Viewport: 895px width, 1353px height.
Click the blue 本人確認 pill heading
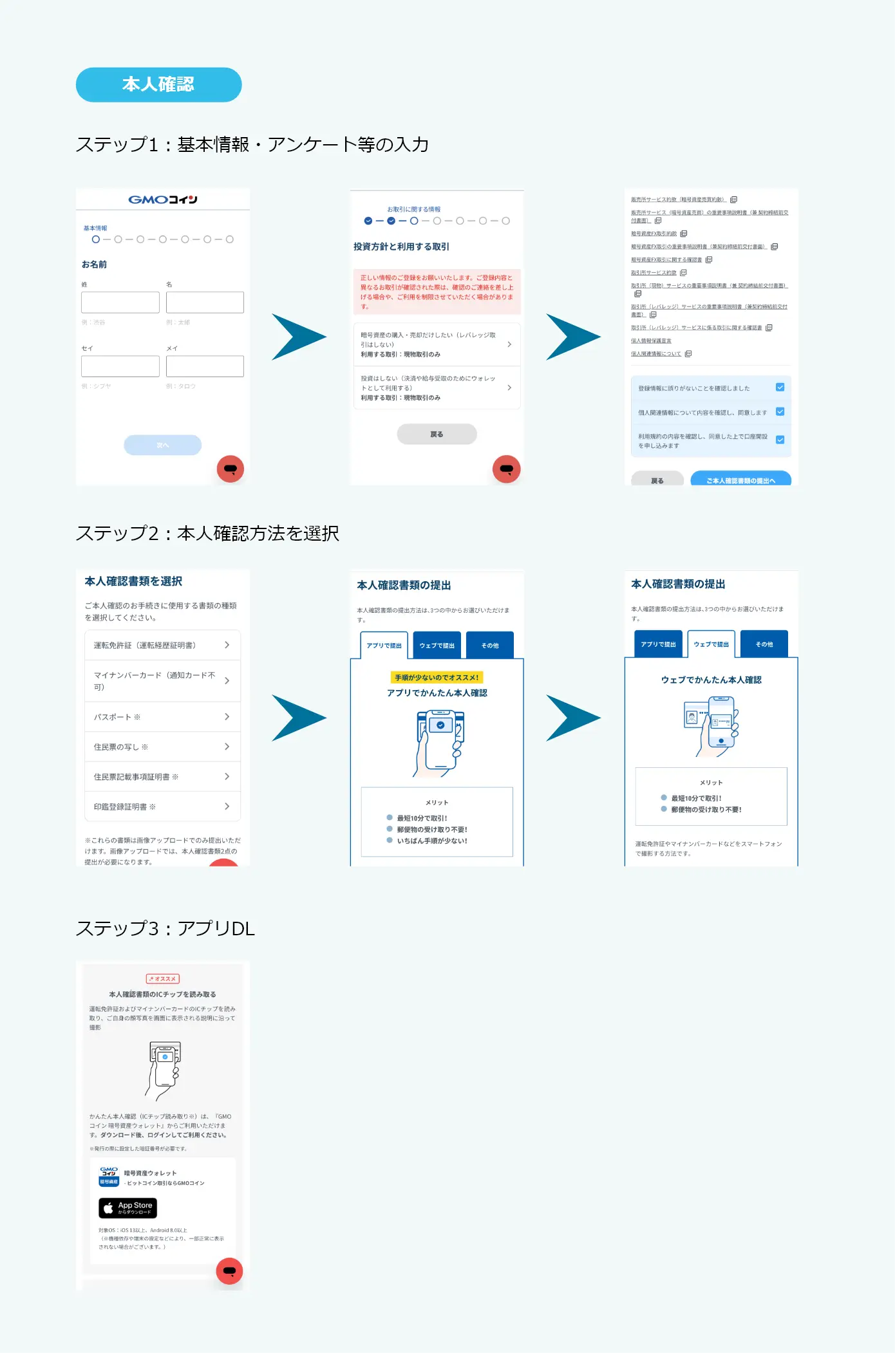158,85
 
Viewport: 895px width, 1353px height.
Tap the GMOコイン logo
163,200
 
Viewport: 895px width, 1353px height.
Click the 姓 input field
120,302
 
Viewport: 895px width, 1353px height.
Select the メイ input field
205,366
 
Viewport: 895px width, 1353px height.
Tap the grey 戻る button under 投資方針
437,434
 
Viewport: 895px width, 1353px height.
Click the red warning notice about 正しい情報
437,292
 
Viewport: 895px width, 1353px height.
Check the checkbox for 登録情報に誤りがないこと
780,387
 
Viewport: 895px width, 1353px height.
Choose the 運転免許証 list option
162,645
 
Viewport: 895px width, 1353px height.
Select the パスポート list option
162,716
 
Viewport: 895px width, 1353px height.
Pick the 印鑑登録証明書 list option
162,807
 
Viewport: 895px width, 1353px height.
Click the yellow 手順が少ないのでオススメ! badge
437,677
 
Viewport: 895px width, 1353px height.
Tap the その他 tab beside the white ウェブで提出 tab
764,644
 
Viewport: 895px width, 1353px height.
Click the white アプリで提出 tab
384,645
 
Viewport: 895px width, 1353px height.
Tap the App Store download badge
127,1208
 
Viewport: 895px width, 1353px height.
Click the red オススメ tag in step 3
163,978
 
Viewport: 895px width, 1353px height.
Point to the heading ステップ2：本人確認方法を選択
207,533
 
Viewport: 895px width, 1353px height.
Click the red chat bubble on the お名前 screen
231,469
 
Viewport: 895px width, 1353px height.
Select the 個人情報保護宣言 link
651,341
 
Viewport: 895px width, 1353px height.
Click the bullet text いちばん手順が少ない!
432,841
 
